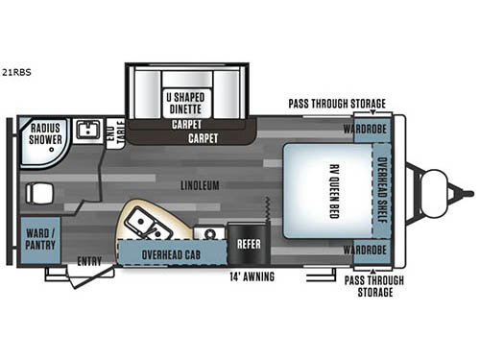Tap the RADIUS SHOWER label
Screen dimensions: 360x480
[45, 133]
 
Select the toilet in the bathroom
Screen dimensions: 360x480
[39, 193]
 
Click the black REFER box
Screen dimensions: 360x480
[249, 244]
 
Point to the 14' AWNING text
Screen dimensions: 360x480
[251, 276]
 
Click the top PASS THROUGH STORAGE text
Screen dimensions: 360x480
[337, 104]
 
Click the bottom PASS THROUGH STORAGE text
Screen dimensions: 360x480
[373, 285]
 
